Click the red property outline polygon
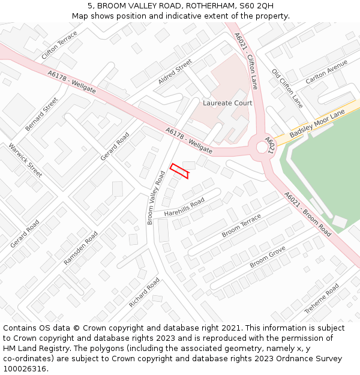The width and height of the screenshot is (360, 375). click(x=179, y=170)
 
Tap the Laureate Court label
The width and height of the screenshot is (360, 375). click(x=227, y=103)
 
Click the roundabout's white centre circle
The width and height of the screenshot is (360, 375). click(x=262, y=146)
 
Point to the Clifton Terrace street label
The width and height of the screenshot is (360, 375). click(x=59, y=46)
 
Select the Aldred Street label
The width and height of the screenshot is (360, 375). click(x=175, y=72)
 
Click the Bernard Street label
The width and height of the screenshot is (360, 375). click(x=42, y=114)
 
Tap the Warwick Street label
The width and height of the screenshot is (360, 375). click(x=25, y=160)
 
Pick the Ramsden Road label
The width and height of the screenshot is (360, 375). click(x=80, y=248)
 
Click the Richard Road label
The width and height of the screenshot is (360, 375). click(x=144, y=293)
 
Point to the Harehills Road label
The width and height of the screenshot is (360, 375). click(x=184, y=205)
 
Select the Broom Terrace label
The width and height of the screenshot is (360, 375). click(x=242, y=225)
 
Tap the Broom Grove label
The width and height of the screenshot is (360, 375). click(x=268, y=256)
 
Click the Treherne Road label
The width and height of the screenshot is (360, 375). click(x=322, y=298)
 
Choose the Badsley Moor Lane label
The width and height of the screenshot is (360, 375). click(x=317, y=124)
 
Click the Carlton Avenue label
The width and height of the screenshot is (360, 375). click(x=326, y=71)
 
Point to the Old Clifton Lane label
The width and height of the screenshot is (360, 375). click(x=287, y=88)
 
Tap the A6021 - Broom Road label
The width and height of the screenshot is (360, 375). click(x=308, y=214)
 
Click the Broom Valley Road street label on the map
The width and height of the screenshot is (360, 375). click(x=156, y=197)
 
